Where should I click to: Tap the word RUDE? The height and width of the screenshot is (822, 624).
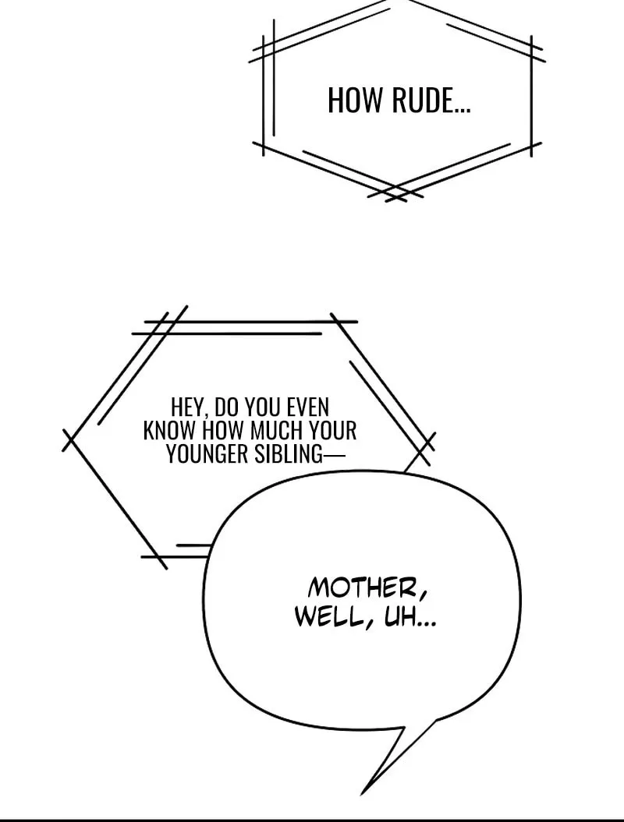click(x=423, y=101)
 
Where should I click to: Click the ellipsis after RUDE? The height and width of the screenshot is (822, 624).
click(x=463, y=111)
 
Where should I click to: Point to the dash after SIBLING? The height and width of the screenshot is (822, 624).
click(x=335, y=454)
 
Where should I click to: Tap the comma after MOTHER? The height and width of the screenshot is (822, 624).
click(x=423, y=595)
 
